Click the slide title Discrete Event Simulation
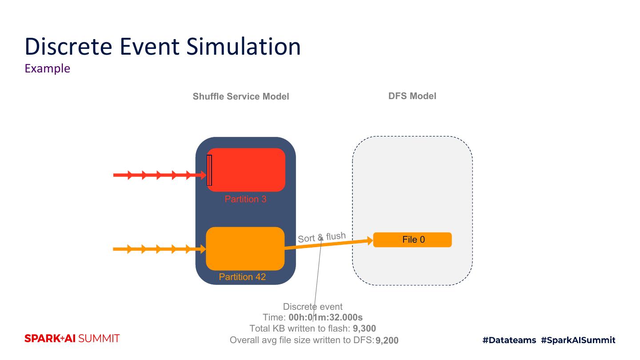(163, 46)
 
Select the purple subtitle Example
(48, 68)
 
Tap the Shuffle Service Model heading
(241, 96)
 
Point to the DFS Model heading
(412, 96)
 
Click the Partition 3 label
(245, 199)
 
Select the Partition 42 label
(242, 277)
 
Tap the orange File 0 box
(412, 240)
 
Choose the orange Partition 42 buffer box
(245, 248)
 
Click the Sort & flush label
(321, 237)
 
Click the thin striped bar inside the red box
(209, 170)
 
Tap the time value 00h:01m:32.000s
(326, 317)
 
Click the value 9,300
(364, 329)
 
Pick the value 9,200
(387, 341)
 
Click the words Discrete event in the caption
(312, 307)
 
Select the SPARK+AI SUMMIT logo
(72, 339)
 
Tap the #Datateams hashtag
(509, 340)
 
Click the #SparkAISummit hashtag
(578, 340)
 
